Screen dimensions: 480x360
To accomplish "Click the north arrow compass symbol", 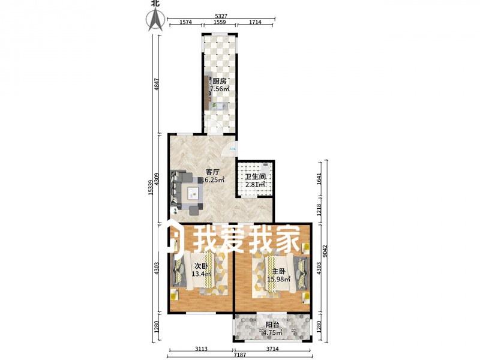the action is (x=155, y=19).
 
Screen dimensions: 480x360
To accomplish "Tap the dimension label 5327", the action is (x=221, y=16).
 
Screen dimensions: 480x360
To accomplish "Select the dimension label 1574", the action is (x=185, y=22).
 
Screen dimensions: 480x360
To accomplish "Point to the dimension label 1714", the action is (x=255, y=22).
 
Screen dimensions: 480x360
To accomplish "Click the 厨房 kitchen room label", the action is (x=220, y=82).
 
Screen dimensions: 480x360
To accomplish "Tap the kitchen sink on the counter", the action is (x=220, y=106).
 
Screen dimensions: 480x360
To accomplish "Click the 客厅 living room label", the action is (x=213, y=172).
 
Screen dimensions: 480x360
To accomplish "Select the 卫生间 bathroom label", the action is (x=256, y=176).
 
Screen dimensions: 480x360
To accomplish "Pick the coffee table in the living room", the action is (x=193, y=193).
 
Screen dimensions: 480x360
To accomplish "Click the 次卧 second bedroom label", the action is (x=201, y=266).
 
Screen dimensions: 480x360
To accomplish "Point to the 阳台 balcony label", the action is (x=272, y=325).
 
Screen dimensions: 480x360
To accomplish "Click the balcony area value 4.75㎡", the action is (x=272, y=332).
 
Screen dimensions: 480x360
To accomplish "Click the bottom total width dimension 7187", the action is (x=241, y=355).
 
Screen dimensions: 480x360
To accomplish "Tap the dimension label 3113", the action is (x=201, y=349).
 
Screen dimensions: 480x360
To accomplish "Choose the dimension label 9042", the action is (x=325, y=251).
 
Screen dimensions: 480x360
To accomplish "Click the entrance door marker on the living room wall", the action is (x=233, y=149).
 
